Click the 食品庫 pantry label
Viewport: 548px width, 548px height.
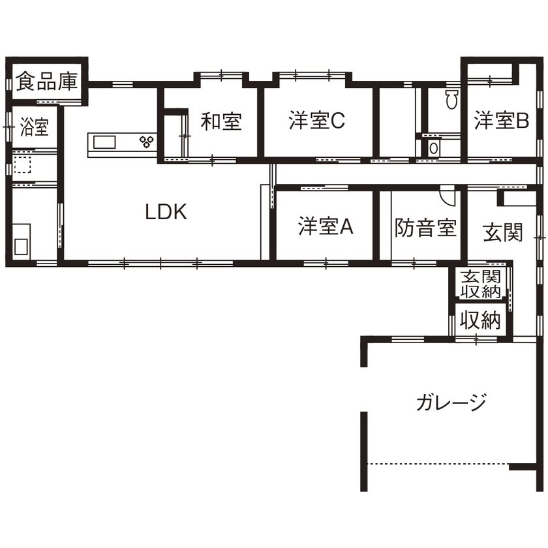tap(47, 82)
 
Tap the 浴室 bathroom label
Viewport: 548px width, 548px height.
tap(34, 126)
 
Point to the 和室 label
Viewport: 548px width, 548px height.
tap(221, 121)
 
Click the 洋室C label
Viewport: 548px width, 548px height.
tap(316, 121)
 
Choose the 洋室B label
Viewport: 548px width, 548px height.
tap(501, 121)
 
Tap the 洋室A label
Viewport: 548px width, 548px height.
tap(326, 226)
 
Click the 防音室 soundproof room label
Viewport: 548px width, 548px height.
tap(425, 228)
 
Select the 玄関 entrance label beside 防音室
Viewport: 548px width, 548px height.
tap(503, 232)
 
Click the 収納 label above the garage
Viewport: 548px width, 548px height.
tap(481, 320)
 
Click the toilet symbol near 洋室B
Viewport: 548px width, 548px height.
tap(451, 100)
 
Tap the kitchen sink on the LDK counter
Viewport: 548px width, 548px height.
tap(104, 142)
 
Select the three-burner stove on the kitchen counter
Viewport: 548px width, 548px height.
tap(145, 140)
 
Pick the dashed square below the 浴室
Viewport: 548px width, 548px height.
tap(23, 164)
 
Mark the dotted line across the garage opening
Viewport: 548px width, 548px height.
tap(437, 464)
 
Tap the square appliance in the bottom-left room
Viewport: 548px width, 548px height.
tap(21, 247)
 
